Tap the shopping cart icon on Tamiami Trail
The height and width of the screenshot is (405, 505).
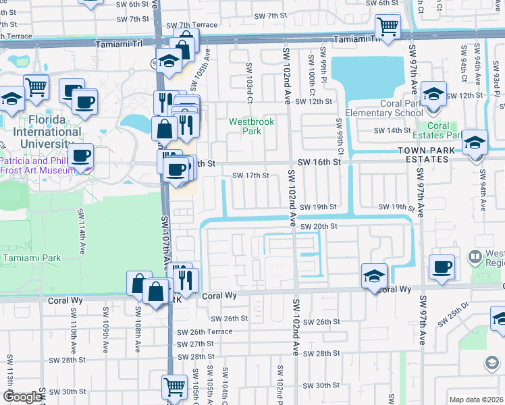point(388,28)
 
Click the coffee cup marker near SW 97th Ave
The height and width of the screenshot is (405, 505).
point(442,267)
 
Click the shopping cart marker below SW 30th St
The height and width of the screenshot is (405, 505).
point(174,387)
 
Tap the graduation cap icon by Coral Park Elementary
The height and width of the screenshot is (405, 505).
point(433,93)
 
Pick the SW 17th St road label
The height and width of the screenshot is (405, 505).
point(250,175)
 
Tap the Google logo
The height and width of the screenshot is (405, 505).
point(22,397)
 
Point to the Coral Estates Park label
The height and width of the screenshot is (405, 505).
point(438,130)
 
